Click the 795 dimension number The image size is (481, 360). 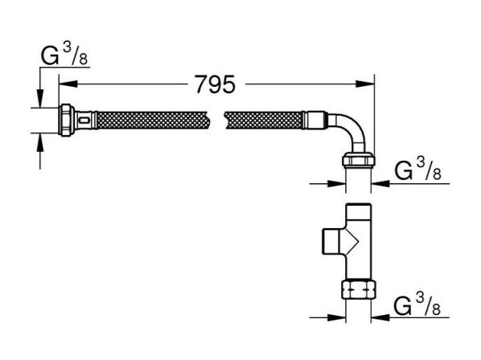tap(216, 84)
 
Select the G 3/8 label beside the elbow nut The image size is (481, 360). tap(417, 170)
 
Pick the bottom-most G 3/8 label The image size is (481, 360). tap(417, 305)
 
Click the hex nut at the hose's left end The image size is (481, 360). tap(67, 120)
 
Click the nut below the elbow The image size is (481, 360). tap(359, 160)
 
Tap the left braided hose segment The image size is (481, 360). tap(153, 120)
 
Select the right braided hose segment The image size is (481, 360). tap(264, 120)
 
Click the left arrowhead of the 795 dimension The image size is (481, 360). tap(68, 84)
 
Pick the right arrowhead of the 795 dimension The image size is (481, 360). tap(365, 84)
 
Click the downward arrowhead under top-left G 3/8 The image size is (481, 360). tap(40, 98)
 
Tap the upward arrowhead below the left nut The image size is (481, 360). tap(40, 143)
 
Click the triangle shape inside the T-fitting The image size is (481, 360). tap(352, 241)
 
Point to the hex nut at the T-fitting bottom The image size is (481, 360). tap(359, 288)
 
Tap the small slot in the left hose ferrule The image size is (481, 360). tap(84, 120)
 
